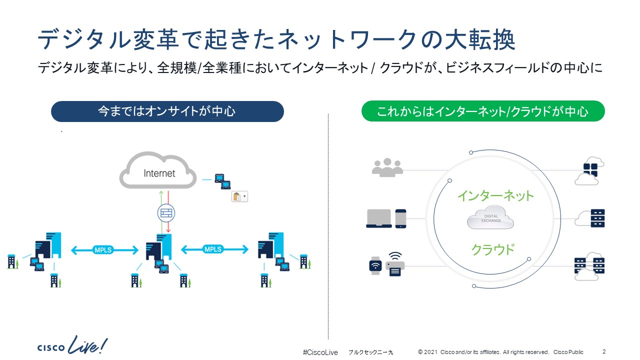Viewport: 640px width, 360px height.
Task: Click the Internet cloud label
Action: [x=159, y=173]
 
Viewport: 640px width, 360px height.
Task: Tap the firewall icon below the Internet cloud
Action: [x=166, y=213]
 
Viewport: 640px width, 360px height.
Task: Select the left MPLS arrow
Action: [x=104, y=249]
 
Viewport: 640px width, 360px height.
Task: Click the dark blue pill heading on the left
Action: [x=167, y=111]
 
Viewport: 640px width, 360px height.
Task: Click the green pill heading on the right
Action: [x=482, y=111]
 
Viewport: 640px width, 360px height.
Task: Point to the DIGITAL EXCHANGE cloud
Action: [x=490, y=219]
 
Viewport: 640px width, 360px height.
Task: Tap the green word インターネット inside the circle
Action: [x=495, y=195]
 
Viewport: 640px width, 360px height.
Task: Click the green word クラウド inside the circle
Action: [x=492, y=248]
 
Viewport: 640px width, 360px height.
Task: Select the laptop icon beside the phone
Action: [x=379, y=218]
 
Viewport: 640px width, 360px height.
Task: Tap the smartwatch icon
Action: [x=374, y=265]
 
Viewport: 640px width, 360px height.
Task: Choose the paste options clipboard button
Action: [x=239, y=196]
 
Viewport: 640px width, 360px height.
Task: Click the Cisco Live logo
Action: [x=72, y=345]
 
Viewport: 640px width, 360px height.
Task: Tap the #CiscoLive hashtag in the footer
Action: [x=320, y=352]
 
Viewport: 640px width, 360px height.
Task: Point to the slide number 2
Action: [x=604, y=351]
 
